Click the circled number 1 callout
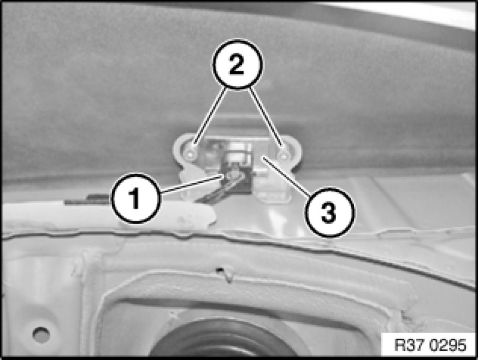click(135, 198)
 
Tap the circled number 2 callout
click(237, 64)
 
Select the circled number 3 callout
click(330, 212)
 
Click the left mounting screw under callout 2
click(191, 154)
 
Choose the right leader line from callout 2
click(264, 116)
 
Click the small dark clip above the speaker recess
click(220, 270)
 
